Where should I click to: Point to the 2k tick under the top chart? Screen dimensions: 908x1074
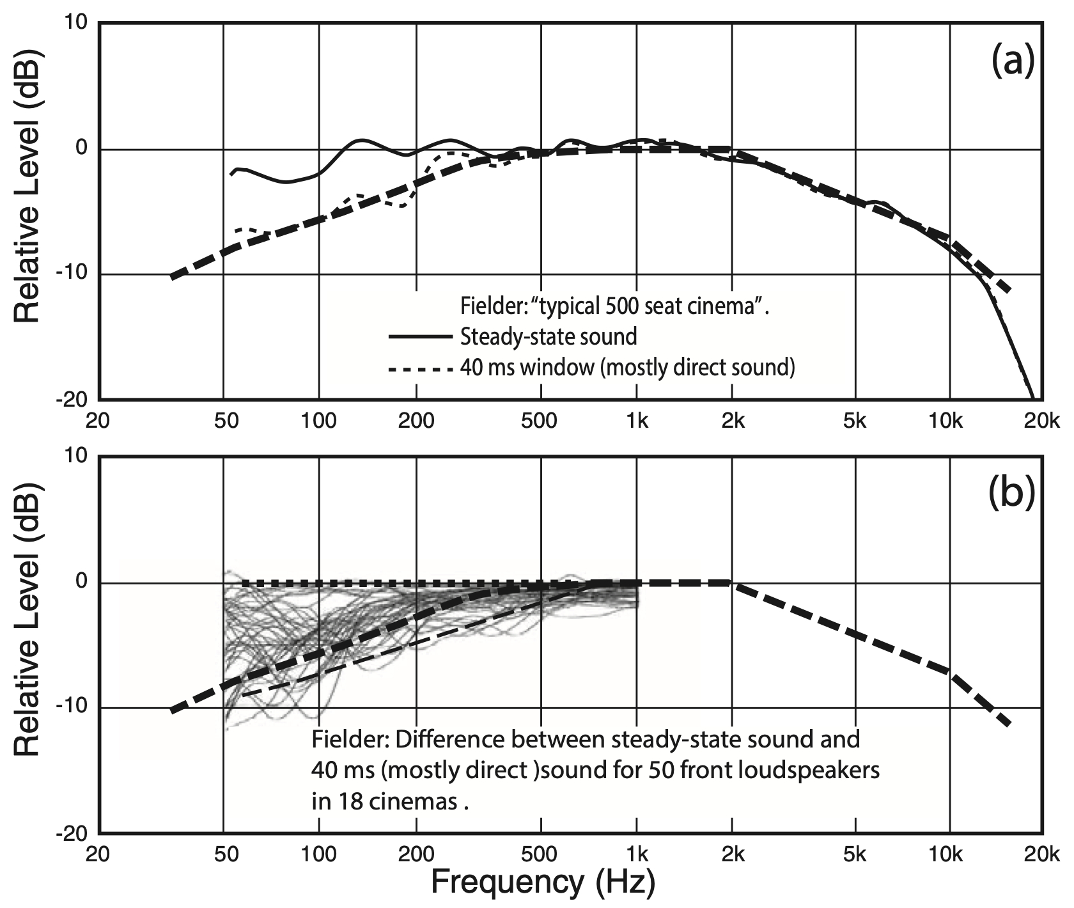pos(733,421)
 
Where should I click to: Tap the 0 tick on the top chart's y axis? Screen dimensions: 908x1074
pos(81,149)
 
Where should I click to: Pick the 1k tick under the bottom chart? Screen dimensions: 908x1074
pos(637,855)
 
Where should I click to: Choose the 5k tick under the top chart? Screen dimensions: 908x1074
pos(855,421)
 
